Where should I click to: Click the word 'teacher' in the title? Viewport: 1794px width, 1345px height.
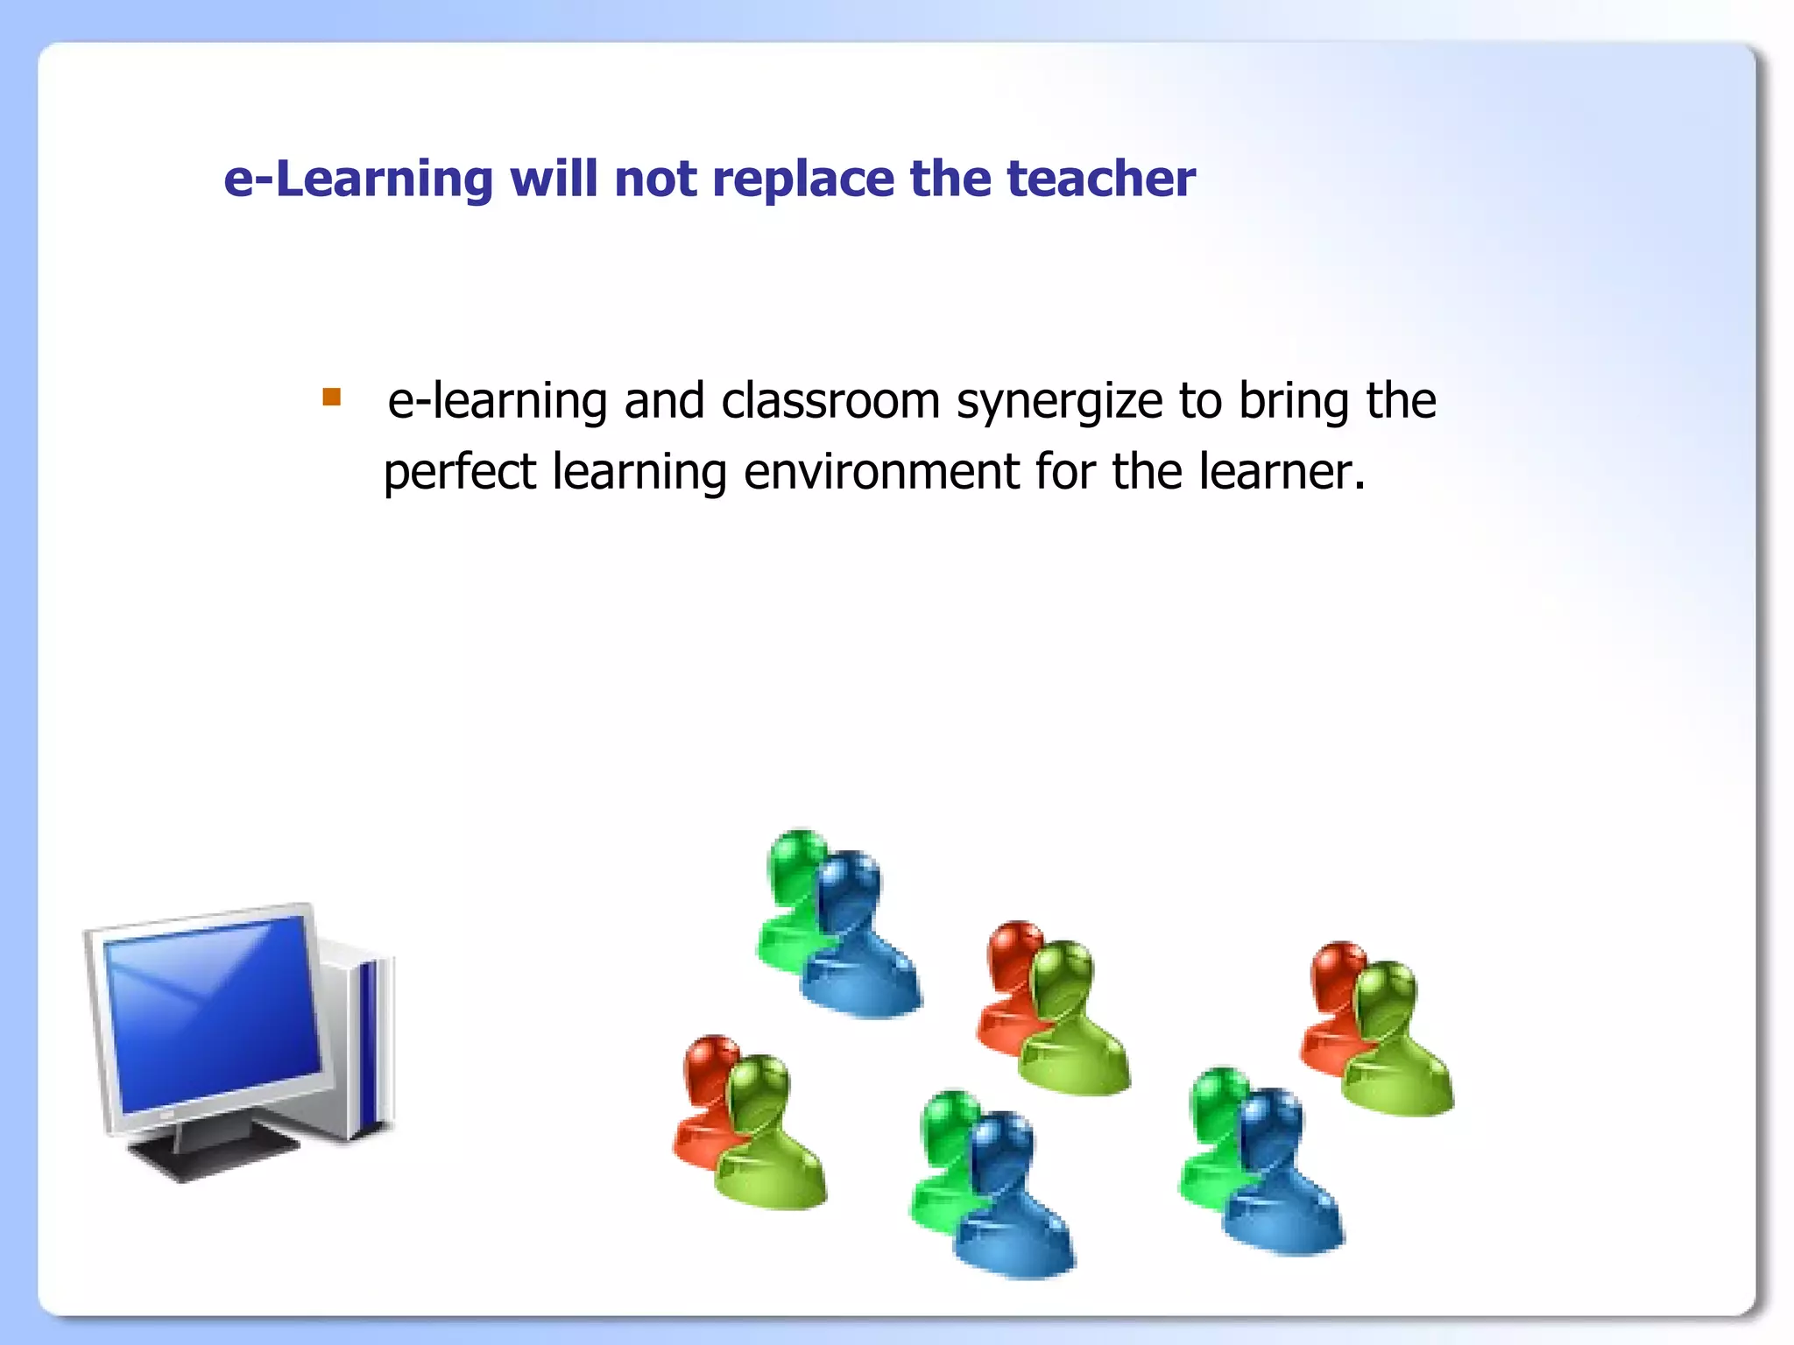coord(1101,179)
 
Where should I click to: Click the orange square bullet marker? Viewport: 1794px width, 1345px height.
coord(331,398)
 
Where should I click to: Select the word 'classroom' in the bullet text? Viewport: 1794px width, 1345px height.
coord(830,401)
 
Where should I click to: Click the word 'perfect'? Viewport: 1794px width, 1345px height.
coord(460,474)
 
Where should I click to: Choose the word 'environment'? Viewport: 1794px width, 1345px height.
coord(881,472)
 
